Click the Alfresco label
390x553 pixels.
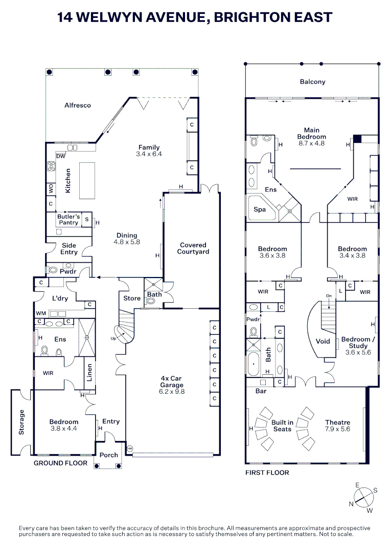coord(78,105)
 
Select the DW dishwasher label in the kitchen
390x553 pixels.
coord(60,156)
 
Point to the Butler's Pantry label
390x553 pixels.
coord(68,220)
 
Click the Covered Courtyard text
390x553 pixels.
coord(193,248)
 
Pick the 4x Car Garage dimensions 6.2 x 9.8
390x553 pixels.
coord(171,391)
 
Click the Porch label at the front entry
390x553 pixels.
coord(108,455)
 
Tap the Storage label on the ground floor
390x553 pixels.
coord(21,422)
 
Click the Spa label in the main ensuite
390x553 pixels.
coord(260,210)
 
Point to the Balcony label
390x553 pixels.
coord(312,82)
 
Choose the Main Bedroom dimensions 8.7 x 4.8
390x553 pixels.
coord(311,143)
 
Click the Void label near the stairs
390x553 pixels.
coord(323,341)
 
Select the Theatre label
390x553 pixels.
coord(338,422)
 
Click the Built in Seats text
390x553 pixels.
coord(282,426)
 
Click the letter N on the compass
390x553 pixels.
coord(352,504)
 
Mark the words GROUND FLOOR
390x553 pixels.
coord(60,463)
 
